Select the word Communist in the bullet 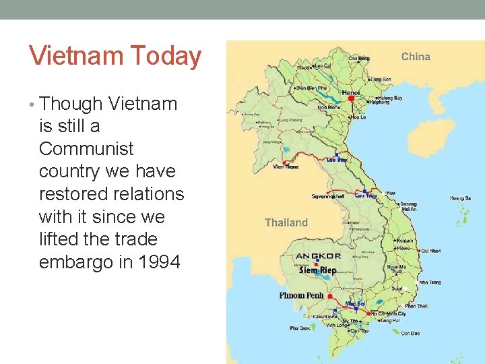[x=86, y=149]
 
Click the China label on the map [x=416, y=57]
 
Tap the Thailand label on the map [x=286, y=222]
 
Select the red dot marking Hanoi [x=351, y=98]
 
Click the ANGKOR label [x=318, y=256]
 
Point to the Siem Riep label [x=317, y=270]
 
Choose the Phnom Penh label [x=301, y=295]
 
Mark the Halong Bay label [x=389, y=98]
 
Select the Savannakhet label [x=327, y=197]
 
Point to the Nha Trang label [x=430, y=282]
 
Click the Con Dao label [x=409, y=334]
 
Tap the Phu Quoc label [x=300, y=328]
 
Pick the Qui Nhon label [x=430, y=250]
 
